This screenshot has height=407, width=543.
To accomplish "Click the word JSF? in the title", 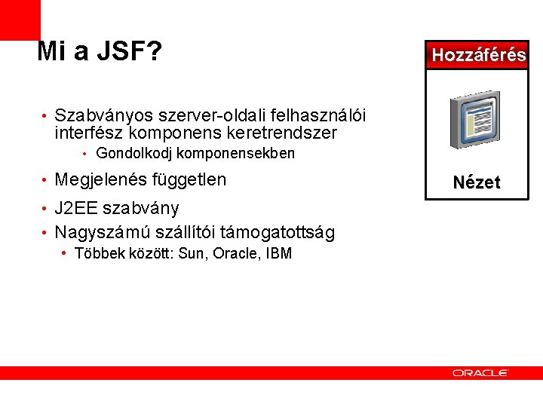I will (x=128, y=51).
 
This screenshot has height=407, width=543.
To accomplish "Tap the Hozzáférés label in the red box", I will (x=478, y=54).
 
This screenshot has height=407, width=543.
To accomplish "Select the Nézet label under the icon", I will (x=477, y=182).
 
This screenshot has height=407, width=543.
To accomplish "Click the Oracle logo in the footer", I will (x=480, y=372).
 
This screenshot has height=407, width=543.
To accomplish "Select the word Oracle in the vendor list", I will (x=235, y=253).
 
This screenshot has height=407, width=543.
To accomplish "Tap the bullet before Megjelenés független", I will (x=46, y=181).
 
